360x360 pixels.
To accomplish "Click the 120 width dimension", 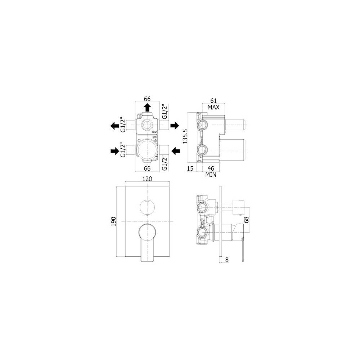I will point(147,179).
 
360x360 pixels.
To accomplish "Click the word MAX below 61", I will point(213,107).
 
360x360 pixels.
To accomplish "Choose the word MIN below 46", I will point(211,175).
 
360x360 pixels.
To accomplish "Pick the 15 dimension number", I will point(190,168).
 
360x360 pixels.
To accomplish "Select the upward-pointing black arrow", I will point(147,107).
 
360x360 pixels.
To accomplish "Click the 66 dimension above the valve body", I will point(147,99).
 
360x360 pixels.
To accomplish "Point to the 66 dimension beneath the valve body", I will point(147,168).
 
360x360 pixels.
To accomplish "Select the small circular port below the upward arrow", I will point(147,125).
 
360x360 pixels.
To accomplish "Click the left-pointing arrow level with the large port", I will point(176,151).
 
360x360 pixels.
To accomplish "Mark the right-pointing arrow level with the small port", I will point(175,125).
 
